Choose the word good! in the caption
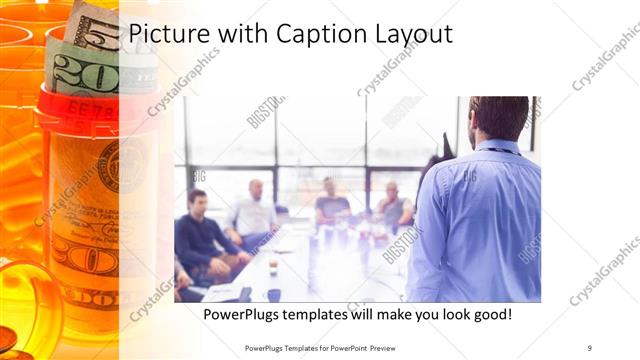490,314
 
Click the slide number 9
589,347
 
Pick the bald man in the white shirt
254,210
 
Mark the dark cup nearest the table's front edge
273,294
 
